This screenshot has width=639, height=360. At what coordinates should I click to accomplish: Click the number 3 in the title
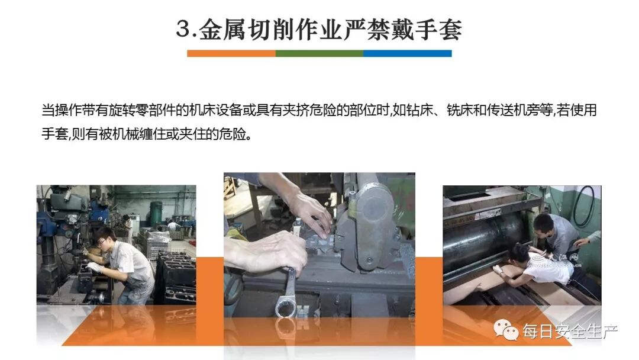tap(183, 30)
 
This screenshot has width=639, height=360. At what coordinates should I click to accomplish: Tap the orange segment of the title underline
tap(231, 53)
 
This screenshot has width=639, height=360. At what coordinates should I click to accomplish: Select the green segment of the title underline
tap(319, 53)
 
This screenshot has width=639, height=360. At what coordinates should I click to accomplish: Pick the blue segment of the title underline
tap(407, 53)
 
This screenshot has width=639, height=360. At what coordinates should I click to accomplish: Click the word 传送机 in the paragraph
tap(506, 110)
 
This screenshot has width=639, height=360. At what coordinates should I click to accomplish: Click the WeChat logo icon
tap(506, 329)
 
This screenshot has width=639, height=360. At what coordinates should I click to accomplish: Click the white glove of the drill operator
tap(94, 268)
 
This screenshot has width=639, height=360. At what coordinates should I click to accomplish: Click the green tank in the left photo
tap(156, 213)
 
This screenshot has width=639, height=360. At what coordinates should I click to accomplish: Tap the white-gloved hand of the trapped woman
tap(498, 270)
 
